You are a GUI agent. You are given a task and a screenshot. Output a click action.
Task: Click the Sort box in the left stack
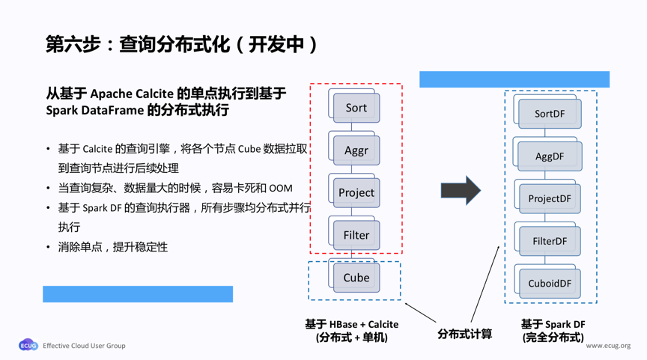point(356,108)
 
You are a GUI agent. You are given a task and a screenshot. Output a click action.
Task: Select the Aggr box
point(356,150)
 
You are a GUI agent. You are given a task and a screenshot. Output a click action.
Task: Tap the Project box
point(356,192)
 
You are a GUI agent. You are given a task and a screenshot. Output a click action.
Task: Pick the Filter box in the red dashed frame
point(356,235)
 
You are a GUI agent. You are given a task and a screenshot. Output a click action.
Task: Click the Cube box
point(356,278)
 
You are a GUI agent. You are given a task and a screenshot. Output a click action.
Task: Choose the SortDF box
point(550,114)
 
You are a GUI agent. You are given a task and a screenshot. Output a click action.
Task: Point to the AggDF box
point(550,156)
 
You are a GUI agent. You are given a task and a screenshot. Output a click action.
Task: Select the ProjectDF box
point(550,198)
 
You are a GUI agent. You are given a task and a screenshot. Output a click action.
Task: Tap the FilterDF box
point(550,241)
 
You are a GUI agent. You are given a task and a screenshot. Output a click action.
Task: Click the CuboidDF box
point(550,284)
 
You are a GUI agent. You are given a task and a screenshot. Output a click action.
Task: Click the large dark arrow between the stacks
point(460,191)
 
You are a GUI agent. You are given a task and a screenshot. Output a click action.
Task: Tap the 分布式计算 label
point(464,334)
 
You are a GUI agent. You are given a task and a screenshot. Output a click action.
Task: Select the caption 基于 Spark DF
point(553,324)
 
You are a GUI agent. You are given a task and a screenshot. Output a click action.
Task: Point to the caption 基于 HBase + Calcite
point(351,324)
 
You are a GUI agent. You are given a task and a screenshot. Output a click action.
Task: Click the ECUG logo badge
point(28,346)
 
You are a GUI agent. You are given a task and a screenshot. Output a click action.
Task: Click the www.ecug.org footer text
point(608,346)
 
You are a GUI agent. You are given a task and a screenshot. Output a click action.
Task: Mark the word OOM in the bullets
point(281,188)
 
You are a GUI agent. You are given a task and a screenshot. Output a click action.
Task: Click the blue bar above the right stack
point(514,79)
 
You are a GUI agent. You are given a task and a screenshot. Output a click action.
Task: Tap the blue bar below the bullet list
point(138,294)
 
